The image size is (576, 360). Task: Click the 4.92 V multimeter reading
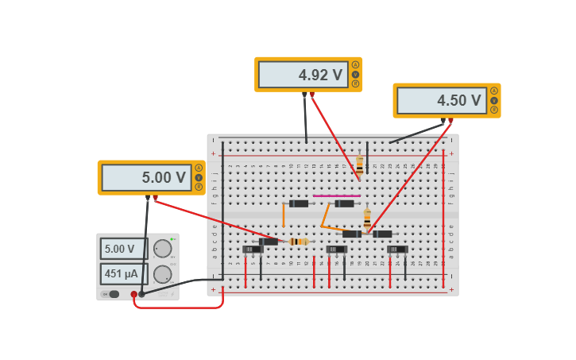pos(303,75)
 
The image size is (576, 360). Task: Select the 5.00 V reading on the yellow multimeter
pos(146,178)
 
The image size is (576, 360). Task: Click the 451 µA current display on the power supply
pos(123,274)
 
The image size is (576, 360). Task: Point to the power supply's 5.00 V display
pos(123,249)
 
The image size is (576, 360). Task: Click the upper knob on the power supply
pos(162,249)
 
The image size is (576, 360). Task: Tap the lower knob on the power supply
pos(162,275)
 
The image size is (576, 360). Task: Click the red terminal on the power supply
pos(133,294)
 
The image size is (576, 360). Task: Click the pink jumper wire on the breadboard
pos(336,195)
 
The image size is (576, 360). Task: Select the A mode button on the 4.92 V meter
pos(355,65)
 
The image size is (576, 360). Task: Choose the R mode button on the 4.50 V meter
pos(493,110)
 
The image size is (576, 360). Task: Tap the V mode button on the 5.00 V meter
pos(199,177)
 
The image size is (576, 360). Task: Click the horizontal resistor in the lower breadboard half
pos(299,242)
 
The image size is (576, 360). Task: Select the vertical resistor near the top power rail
pos(359,165)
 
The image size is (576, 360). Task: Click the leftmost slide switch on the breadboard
pos(253,250)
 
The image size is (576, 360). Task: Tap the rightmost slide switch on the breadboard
pos(397,250)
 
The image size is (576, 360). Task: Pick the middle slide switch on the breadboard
pos(337,250)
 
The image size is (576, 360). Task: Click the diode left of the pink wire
pos(299,203)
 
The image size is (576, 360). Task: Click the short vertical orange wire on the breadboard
pos(284,215)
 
